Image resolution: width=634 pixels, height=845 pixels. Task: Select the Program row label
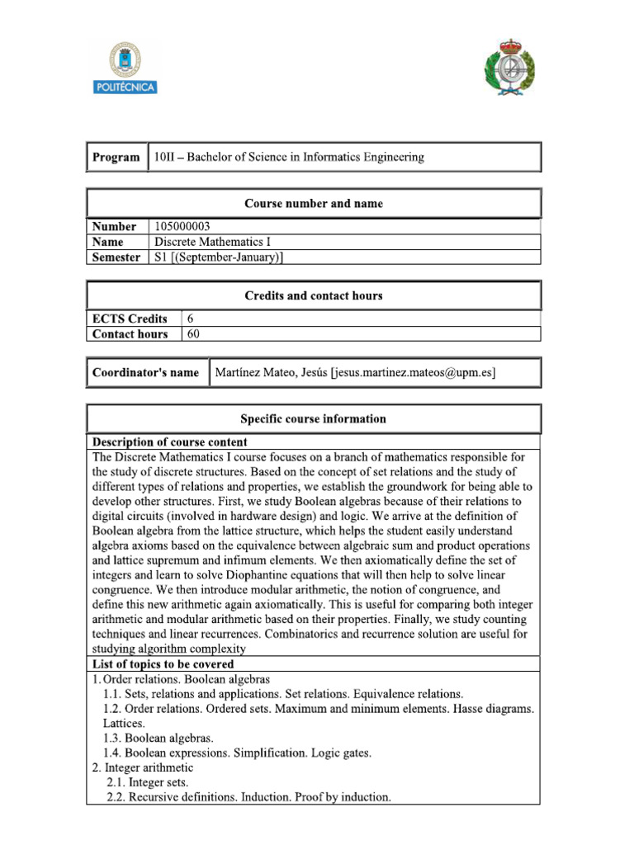(116, 157)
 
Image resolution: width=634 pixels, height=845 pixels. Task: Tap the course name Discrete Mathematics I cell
(212, 242)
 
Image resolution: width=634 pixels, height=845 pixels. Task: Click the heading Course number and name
(313, 203)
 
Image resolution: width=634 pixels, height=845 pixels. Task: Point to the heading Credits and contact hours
(313, 295)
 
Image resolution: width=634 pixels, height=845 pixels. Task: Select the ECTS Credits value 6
(192, 319)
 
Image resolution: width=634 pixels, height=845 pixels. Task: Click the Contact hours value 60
(194, 334)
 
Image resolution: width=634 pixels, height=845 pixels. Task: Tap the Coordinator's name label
(145, 373)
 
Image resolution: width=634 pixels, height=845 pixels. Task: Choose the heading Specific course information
(313, 418)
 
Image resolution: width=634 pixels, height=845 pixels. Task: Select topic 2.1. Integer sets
(148, 782)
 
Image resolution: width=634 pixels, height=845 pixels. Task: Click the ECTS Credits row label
(130, 319)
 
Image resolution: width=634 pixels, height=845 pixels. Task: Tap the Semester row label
(116, 257)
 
